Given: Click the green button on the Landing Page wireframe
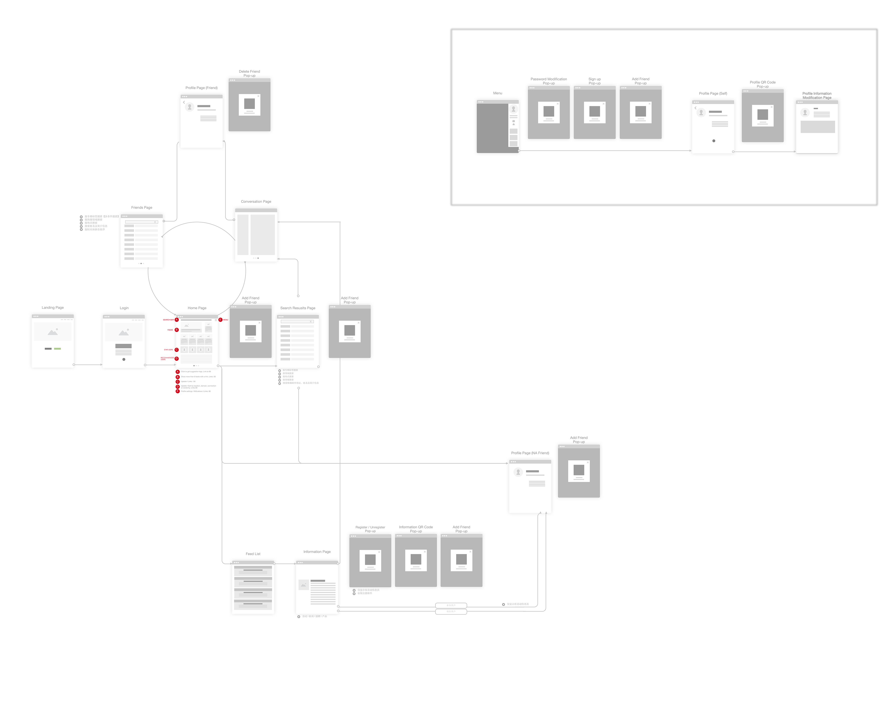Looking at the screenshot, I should pos(57,349).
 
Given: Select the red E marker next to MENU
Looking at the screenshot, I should pos(220,320).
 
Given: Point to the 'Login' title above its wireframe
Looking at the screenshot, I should pos(124,308).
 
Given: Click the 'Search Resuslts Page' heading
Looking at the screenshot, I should pos(298,308).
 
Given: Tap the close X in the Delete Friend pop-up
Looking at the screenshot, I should pos(258,96).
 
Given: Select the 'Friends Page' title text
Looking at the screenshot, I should pos(141,207).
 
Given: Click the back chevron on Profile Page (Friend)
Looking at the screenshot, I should pos(184,102).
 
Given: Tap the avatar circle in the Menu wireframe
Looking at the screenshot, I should pos(513,109).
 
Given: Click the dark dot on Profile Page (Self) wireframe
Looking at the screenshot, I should pos(714,141).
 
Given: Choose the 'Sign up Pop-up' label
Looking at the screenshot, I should pos(595,81).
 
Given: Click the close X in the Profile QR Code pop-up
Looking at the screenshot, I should pos(772,107).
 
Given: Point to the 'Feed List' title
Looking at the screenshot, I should pos(253,554).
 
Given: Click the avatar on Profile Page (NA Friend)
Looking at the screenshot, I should pos(518,472).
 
